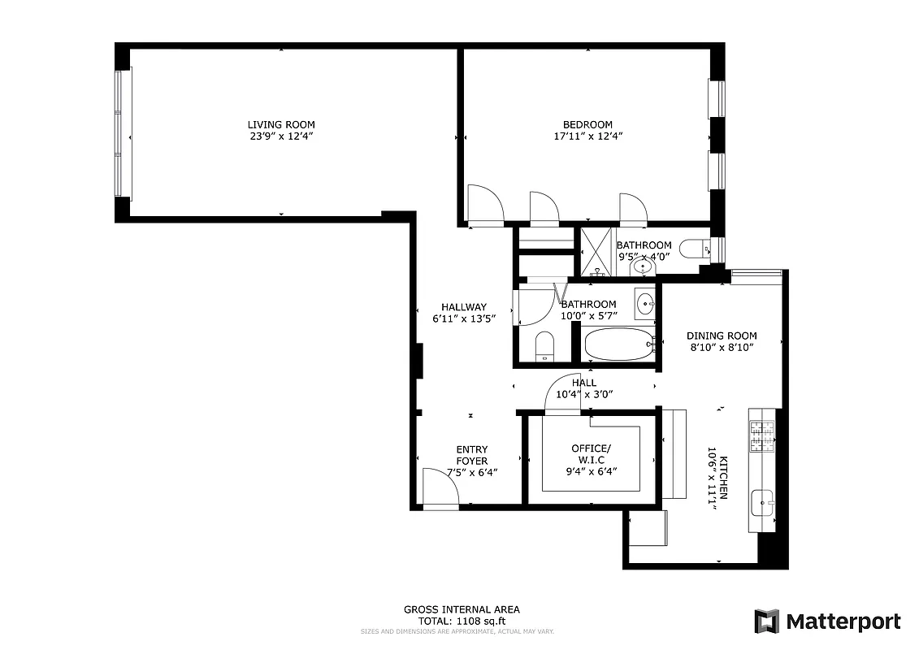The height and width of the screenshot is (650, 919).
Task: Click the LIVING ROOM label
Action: (x=281, y=124)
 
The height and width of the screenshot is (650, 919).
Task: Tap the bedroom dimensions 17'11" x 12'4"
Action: (x=587, y=136)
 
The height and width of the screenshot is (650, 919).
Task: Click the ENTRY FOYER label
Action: (x=472, y=455)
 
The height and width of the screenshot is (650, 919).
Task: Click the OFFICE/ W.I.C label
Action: (x=591, y=453)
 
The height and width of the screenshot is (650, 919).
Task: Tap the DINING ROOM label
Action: (x=722, y=336)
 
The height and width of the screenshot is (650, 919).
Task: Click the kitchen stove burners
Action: (x=762, y=436)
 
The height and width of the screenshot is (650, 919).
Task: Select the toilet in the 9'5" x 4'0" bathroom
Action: (x=693, y=248)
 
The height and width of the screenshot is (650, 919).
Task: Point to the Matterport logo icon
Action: (x=766, y=622)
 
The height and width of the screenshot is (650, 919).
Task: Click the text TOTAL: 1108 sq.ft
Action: (x=462, y=620)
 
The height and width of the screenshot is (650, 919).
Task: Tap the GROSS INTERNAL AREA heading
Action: (x=462, y=609)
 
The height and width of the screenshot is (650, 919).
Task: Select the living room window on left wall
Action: (x=122, y=132)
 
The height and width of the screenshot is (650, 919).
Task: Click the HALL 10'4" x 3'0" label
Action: (x=583, y=388)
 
